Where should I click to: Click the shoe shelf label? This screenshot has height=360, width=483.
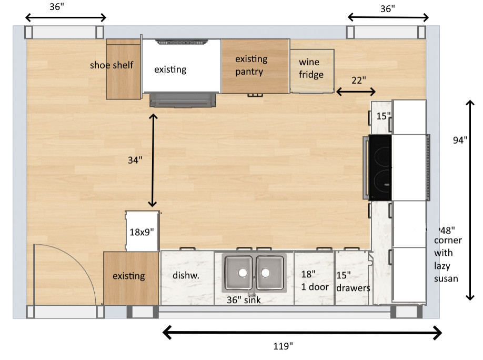pyautogui.click(x=112, y=65)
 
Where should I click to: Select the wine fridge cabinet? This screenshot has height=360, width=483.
pyautogui.click(x=312, y=71)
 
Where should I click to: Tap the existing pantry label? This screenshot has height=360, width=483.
pyautogui.click(x=251, y=65)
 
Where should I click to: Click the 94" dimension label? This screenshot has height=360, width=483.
pyautogui.click(x=460, y=140)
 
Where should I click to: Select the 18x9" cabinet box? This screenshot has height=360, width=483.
pyautogui.click(x=142, y=231)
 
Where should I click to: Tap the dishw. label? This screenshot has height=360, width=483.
pyautogui.click(x=185, y=274)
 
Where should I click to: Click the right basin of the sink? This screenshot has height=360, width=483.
pyautogui.click(x=269, y=272)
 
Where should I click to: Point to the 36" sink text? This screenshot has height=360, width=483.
pyautogui.click(x=244, y=300)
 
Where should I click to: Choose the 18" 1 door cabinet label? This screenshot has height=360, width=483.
pyautogui.click(x=315, y=281)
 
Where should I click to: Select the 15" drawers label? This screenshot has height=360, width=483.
pyautogui.click(x=353, y=281)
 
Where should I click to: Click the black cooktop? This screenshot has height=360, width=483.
pyautogui.click(x=380, y=167)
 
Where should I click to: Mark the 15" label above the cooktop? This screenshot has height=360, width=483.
pyautogui.click(x=383, y=116)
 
